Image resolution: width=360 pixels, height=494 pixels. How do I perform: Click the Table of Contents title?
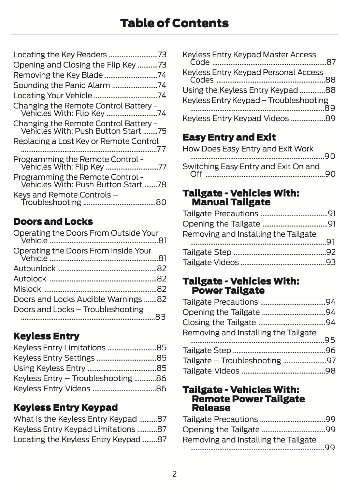pyautogui.click(x=174, y=23)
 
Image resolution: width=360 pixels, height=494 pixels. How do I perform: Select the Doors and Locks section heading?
pyautogui.click(x=53, y=222)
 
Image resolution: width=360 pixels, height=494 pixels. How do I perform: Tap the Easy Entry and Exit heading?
pyautogui.click(x=229, y=137)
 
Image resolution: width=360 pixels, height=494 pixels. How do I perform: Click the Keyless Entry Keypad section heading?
pyautogui.click(x=66, y=408)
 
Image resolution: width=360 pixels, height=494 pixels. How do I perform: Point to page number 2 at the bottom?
pyautogui.click(x=174, y=474)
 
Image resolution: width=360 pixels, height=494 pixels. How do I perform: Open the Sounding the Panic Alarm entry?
pyautogui.click(x=62, y=85)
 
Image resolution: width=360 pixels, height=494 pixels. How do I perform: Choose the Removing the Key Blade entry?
pyautogui.click(x=58, y=75)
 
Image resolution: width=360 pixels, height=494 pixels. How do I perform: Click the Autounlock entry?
pyautogui.click(x=34, y=268)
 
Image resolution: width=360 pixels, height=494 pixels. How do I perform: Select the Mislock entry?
pyautogui.click(x=27, y=289)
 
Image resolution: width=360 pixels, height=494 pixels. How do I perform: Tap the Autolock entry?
pyautogui.click(x=30, y=279)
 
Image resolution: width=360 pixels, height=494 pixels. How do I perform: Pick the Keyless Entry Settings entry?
pyautogui.click(x=54, y=358)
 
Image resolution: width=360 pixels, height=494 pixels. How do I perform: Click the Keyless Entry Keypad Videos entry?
pyautogui.click(x=235, y=118)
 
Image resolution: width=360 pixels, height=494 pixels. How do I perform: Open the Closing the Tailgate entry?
pyautogui.click(x=219, y=322)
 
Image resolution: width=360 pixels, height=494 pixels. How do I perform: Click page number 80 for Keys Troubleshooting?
pyautogui.click(x=161, y=203)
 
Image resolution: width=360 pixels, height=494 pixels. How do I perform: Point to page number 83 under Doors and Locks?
pyautogui.click(x=160, y=317)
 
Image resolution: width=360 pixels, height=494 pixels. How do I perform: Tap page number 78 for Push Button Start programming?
pyautogui.click(x=161, y=185)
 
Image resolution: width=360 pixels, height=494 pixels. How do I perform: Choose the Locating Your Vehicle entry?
pyautogui.click(x=53, y=96)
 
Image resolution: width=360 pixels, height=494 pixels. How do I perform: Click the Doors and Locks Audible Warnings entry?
pyautogui.click(x=77, y=299)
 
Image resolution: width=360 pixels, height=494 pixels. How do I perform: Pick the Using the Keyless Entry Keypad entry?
pyautogui.click(x=240, y=90)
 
